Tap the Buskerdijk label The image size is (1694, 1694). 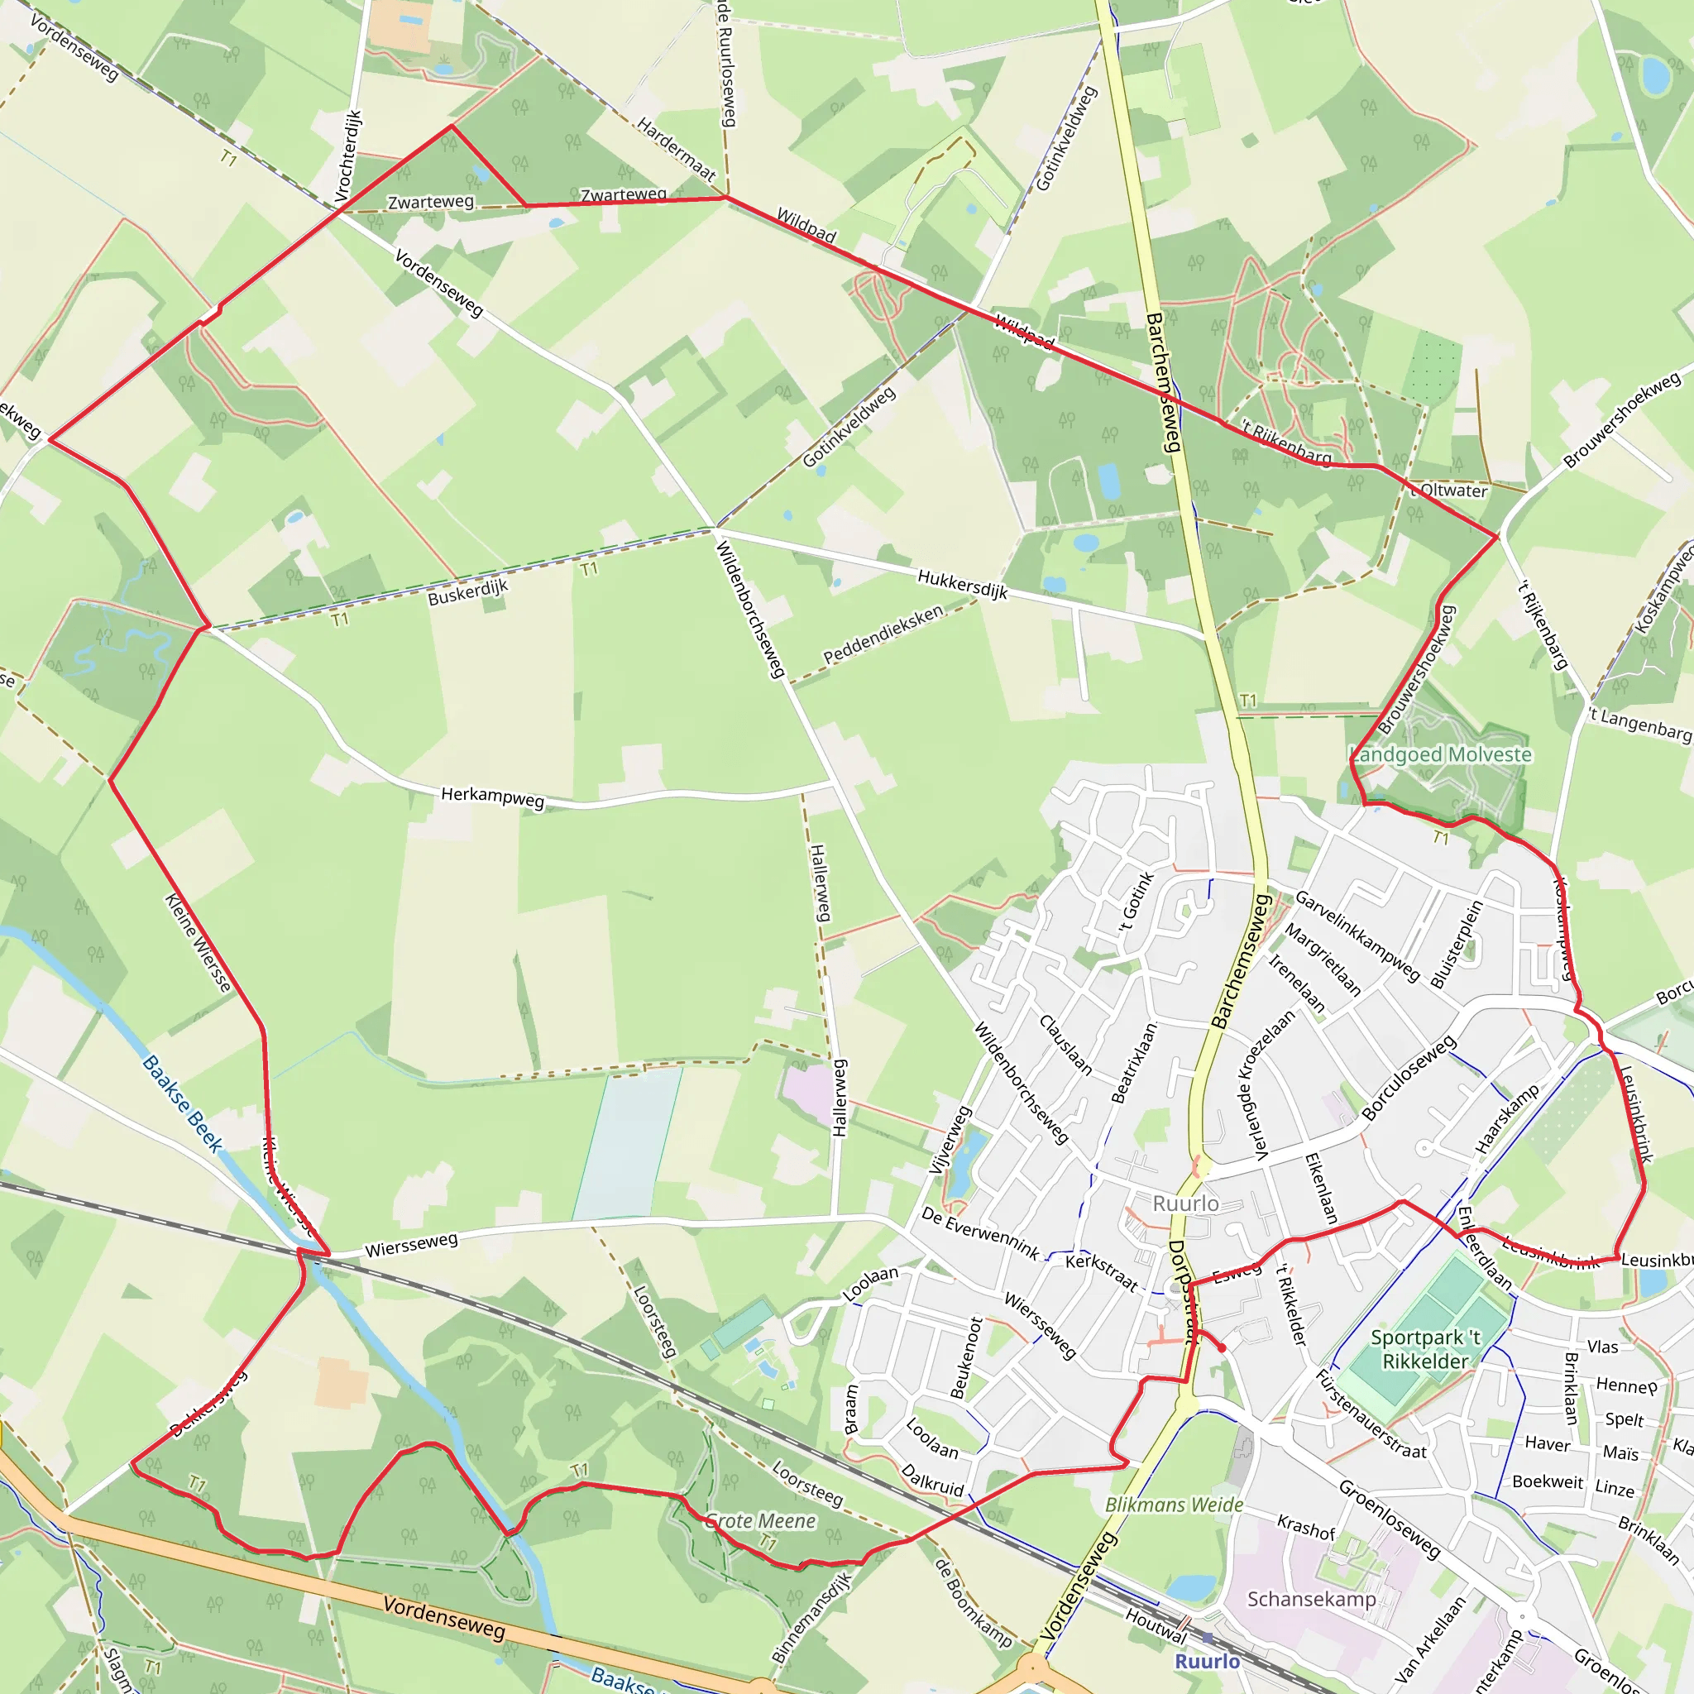pos(467,592)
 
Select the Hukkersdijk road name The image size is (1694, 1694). pos(962,583)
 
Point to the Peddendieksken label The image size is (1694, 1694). pos(883,633)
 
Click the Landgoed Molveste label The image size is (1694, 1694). pos(1440,754)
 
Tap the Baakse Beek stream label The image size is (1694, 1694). pos(182,1103)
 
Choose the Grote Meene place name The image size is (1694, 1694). pos(760,1520)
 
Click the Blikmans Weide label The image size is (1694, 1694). pos(1173,1505)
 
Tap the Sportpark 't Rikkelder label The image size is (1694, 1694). pos(1425,1349)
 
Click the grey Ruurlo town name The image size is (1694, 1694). pos(1184,1203)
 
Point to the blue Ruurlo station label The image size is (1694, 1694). pos(1207,1661)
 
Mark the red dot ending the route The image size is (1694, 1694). pos(1222,1347)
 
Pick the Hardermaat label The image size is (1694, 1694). pos(676,149)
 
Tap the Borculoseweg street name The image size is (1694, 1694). pos(1408,1078)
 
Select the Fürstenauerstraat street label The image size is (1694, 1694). pos(1371,1414)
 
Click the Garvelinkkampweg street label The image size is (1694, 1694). pos(1357,936)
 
